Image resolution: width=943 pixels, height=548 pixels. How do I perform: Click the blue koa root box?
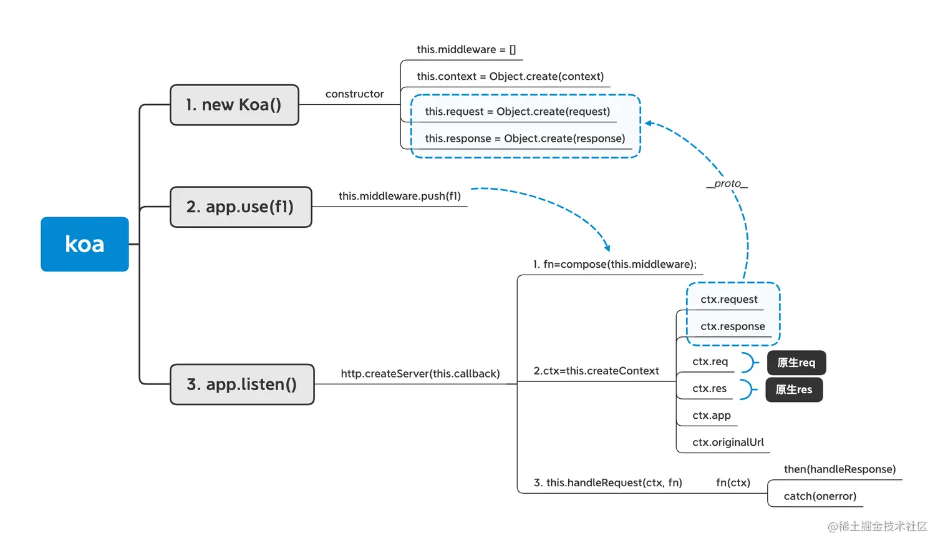coord(85,244)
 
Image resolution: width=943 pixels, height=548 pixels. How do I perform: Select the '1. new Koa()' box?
coord(235,105)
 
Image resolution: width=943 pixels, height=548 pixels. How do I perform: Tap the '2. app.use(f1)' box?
coord(241,207)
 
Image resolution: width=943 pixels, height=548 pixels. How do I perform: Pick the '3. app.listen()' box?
coord(242,384)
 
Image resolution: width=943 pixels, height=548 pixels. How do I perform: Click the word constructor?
coord(354,94)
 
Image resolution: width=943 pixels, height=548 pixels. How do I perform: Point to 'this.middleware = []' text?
coord(466,50)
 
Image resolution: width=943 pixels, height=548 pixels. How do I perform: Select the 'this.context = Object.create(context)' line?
coord(510,76)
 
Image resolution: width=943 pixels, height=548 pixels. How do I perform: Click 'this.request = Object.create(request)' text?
coord(518,112)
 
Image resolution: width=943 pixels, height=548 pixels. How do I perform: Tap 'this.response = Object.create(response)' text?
coord(525,139)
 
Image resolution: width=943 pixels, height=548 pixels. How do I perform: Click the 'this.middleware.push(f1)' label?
coord(400,196)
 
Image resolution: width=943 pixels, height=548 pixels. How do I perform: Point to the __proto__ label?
coord(727,183)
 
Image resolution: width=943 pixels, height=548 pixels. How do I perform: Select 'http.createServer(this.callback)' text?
coord(420,374)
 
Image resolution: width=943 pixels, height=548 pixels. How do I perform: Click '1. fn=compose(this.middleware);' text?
coord(615,264)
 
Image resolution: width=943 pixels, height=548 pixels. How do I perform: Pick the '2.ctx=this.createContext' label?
coord(596,371)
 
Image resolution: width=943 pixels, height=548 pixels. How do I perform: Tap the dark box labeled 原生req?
coord(796,363)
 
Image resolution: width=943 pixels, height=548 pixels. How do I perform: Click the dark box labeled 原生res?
coord(794,389)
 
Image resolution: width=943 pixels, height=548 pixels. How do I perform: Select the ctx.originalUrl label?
coord(728,443)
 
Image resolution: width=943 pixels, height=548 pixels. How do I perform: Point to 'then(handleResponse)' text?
coord(840,469)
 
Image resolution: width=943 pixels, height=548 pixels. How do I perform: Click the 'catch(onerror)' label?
coord(820,496)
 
